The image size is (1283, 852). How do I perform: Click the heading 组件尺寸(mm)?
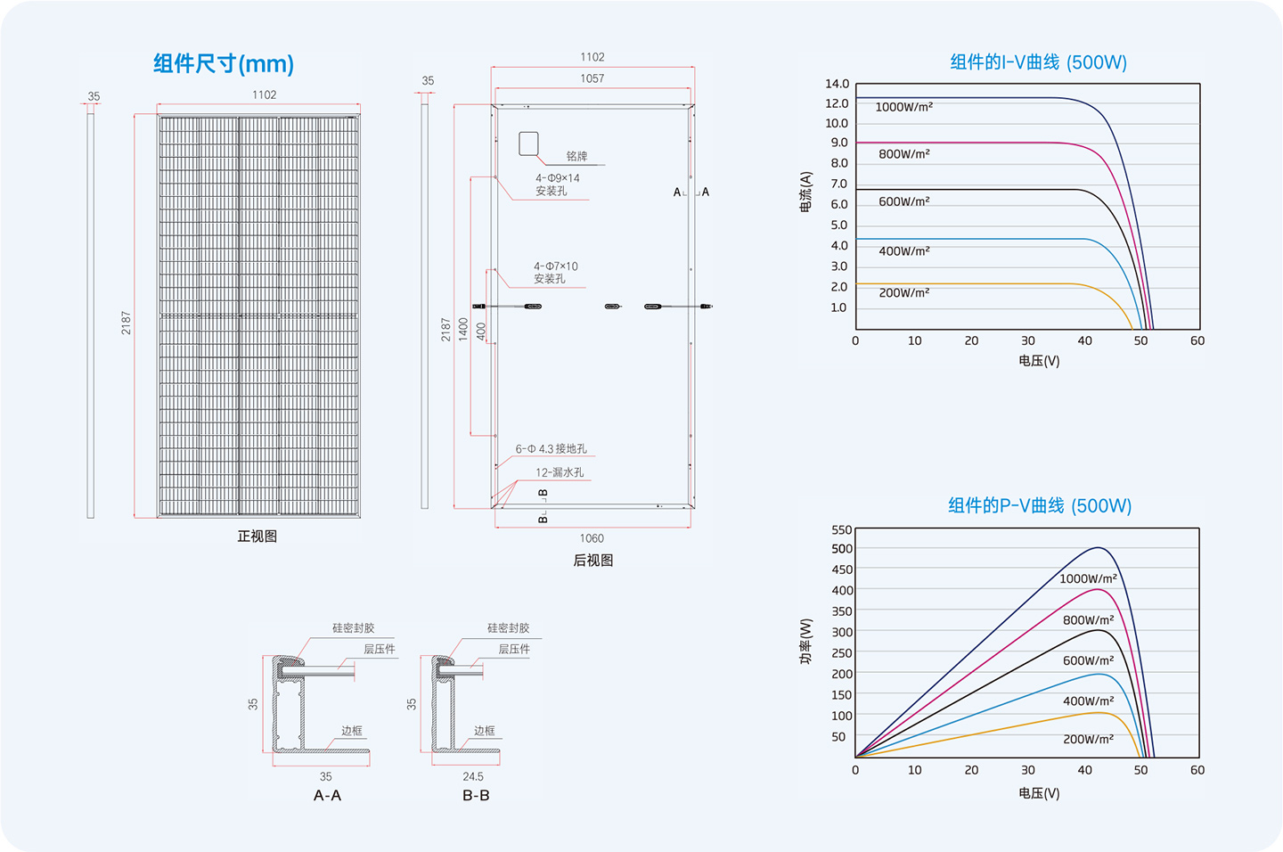click(x=224, y=63)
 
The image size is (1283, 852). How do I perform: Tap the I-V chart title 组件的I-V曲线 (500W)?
click(x=1039, y=61)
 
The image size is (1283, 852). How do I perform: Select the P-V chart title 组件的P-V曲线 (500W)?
click(x=1040, y=505)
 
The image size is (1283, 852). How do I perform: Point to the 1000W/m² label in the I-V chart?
click(x=903, y=107)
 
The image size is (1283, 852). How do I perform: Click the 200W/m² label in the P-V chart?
click(x=1088, y=739)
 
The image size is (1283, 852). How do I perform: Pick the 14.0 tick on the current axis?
click(x=837, y=84)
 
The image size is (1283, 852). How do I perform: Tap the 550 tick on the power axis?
click(x=842, y=530)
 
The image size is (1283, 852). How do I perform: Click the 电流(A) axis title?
click(x=805, y=192)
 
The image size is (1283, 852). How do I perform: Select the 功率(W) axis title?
click(x=805, y=642)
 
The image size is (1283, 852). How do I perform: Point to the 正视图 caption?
click(x=257, y=537)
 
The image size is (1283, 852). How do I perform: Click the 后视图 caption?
click(x=592, y=561)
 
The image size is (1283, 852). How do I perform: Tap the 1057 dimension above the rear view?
click(x=592, y=78)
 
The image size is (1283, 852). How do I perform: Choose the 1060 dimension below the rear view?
click(x=592, y=538)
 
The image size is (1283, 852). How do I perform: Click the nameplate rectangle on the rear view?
click(x=528, y=143)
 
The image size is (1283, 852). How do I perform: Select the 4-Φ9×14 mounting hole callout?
click(x=558, y=184)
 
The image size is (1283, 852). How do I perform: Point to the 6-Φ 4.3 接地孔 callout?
click(x=551, y=448)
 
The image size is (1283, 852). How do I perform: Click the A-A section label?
click(x=327, y=795)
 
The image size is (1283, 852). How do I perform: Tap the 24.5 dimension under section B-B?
click(x=473, y=776)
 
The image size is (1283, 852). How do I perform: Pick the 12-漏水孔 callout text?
click(x=560, y=472)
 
